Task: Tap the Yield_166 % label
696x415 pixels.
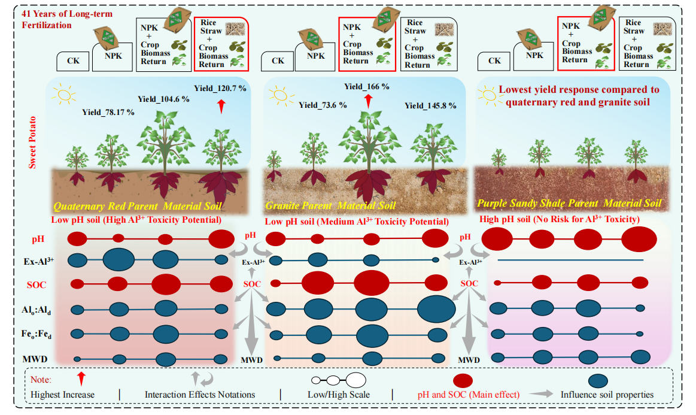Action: (x=366, y=86)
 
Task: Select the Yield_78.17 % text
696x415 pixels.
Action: (x=108, y=111)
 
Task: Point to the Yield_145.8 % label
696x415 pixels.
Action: (x=430, y=105)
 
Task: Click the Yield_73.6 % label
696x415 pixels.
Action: (x=323, y=105)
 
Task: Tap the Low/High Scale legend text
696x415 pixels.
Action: (x=339, y=395)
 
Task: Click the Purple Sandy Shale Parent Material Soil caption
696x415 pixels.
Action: (x=569, y=204)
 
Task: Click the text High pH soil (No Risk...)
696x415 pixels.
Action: (x=560, y=220)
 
